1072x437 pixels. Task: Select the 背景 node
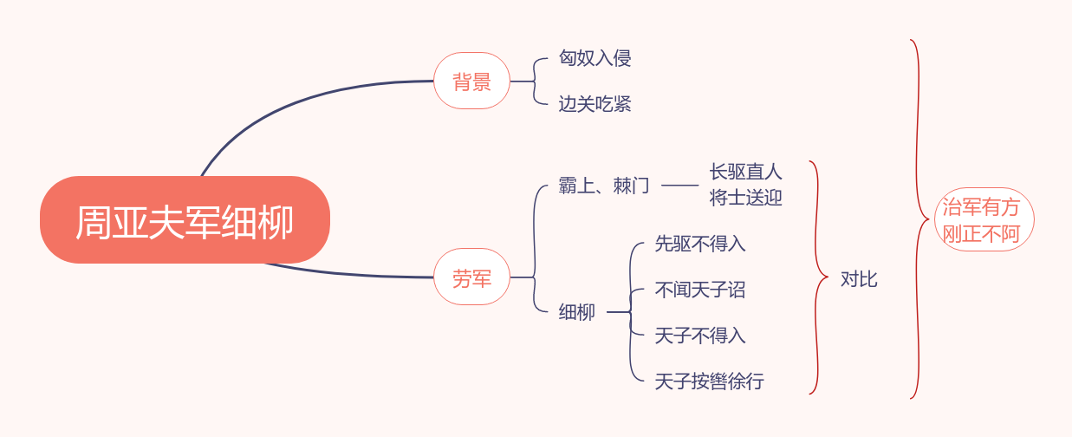pyautogui.click(x=471, y=82)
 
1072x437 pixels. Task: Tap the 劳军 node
pyautogui.click(x=471, y=277)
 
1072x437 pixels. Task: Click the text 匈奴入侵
pyautogui.click(x=594, y=58)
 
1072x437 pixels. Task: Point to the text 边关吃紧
pyautogui.click(x=594, y=104)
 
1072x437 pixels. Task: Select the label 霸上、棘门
pyautogui.click(x=604, y=186)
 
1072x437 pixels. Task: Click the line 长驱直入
pyautogui.click(x=745, y=173)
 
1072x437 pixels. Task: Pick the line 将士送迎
pyautogui.click(x=745, y=198)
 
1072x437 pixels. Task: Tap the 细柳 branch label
pyautogui.click(x=577, y=312)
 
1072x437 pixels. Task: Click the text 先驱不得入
pyautogui.click(x=700, y=245)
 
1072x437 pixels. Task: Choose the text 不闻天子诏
pyautogui.click(x=700, y=290)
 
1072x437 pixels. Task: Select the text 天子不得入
pyautogui.click(x=700, y=336)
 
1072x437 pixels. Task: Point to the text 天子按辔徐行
pyautogui.click(x=709, y=382)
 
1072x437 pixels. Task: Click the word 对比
pyautogui.click(x=859, y=279)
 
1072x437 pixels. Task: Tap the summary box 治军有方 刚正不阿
pyautogui.click(x=983, y=220)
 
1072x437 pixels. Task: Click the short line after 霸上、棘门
pyautogui.click(x=679, y=186)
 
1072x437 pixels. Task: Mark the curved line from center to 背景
pyautogui.click(x=286, y=102)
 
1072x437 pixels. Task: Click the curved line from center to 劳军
pyautogui.click(x=347, y=274)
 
